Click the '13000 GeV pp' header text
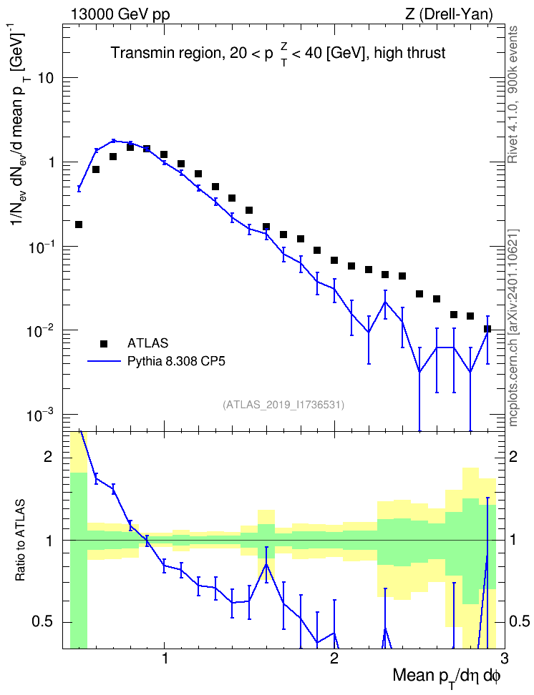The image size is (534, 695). (120, 14)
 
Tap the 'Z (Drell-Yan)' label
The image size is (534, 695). (449, 14)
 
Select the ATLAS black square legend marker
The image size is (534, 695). (104, 343)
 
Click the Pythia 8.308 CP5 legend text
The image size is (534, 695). (176, 361)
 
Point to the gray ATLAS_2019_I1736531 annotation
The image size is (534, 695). (283, 405)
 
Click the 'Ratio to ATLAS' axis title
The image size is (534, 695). (20, 541)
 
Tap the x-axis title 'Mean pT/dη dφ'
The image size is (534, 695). (447, 678)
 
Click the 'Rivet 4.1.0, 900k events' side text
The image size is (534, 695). (513, 95)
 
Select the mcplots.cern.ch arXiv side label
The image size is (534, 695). (513, 328)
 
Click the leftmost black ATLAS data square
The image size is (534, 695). (79, 225)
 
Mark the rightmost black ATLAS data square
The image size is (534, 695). (487, 329)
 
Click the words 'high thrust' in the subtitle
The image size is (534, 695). (409, 53)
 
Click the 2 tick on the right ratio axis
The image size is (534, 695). (513, 457)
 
